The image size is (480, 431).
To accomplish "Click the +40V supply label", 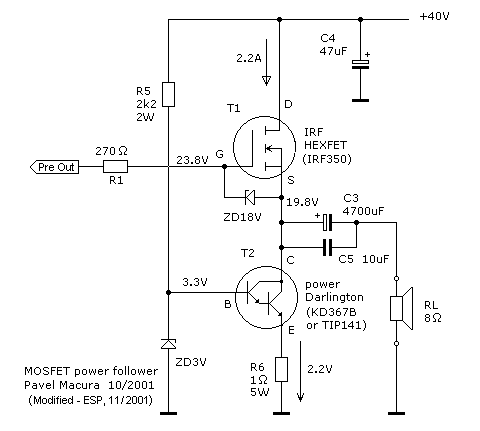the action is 434,16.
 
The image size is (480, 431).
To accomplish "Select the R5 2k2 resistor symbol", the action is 168,94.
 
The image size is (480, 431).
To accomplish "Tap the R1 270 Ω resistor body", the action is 115,167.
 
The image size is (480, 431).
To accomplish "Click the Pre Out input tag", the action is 55,167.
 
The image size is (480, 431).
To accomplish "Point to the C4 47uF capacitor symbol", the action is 360,64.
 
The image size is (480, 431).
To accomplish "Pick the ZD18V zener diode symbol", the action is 250,197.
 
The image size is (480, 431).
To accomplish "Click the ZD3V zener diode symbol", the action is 168,344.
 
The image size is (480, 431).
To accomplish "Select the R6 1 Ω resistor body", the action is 281,369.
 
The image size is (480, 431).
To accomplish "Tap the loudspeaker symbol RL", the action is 401,309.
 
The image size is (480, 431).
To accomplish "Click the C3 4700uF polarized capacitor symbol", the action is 327,222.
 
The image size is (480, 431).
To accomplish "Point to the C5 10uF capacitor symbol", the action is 327,247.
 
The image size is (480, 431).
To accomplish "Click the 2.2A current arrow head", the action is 266,81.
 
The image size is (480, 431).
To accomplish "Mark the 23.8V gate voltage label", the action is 192,160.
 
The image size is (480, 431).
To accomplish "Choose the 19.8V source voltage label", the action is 302,202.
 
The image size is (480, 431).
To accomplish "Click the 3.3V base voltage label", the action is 195,282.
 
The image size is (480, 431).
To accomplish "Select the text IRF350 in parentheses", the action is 327,159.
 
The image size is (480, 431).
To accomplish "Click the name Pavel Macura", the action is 62,385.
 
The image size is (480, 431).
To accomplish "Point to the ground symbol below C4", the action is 360,100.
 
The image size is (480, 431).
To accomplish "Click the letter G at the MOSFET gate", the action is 219,154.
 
